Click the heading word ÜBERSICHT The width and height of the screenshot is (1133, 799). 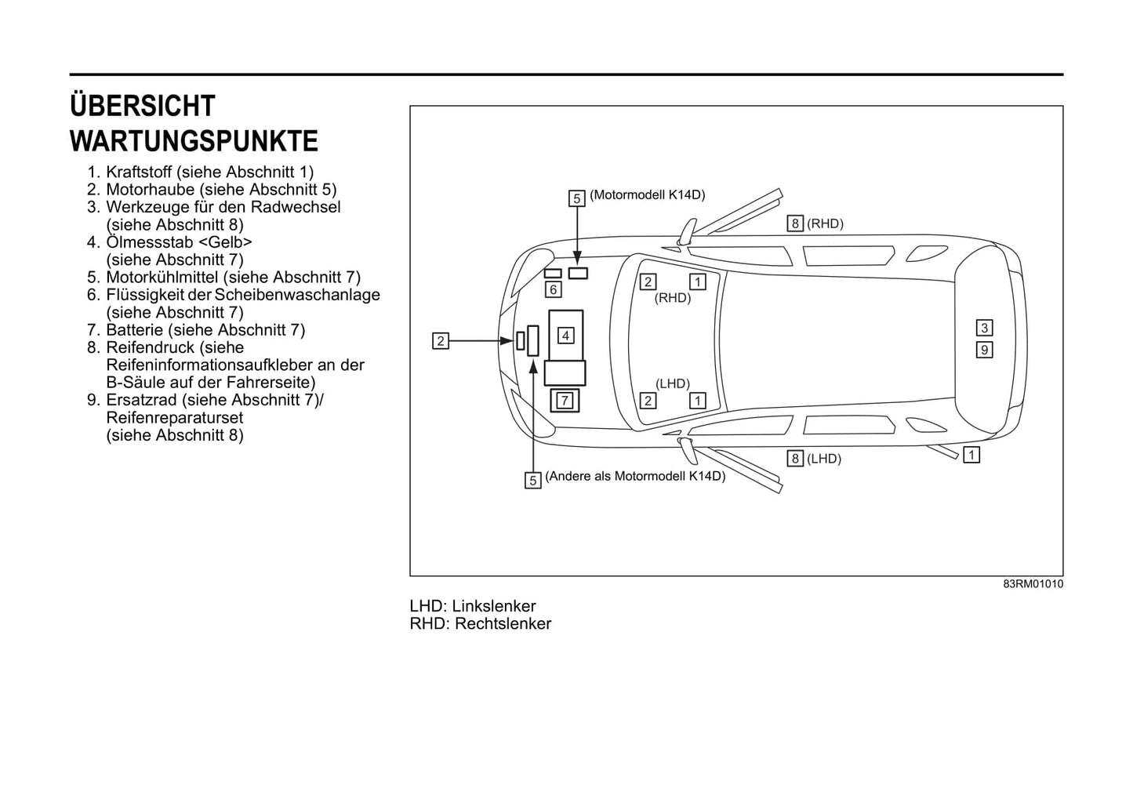pyautogui.click(x=143, y=105)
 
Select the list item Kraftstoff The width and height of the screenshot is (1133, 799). pyautogui.click(x=139, y=172)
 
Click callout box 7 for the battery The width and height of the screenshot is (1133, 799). pyautogui.click(x=565, y=401)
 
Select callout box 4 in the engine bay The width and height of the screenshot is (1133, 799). pyautogui.click(x=565, y=336)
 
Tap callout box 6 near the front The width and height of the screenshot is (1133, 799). pyautogui.click(x=554, y=290)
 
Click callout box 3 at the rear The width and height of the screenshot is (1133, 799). pyautogui.click(x=984, y=328)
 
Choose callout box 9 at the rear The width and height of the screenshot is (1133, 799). pyautogui.click(x=984, y=350)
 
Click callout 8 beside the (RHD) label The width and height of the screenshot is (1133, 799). pyautogui.click(x=795, y=223)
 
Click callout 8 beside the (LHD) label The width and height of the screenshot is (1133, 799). pyautogui.click(x=795, y=459)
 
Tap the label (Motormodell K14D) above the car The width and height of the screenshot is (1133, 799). pyautogui.click(x=648, y=195)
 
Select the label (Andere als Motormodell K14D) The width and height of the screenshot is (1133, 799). pyautogui.click(x=635, y=477)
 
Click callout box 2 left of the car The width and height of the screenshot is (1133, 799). pyautogui.click(x=441, y=341)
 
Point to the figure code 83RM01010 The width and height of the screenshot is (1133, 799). pyautogui.click(x=1033, y=584)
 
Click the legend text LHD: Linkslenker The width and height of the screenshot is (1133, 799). pyautogui.click(x=473, y=606)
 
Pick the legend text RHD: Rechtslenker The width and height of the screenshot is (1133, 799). pyautogui.click(x=481, y=623)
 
